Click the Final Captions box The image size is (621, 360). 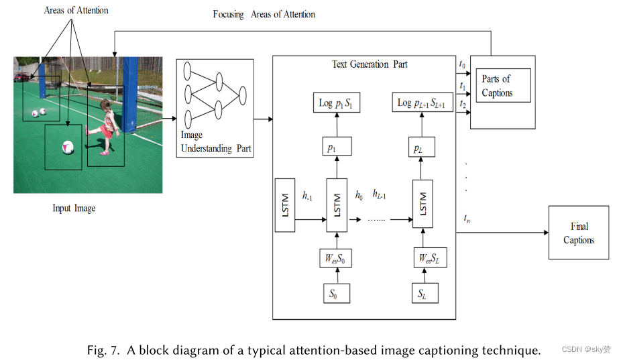click(578, 233)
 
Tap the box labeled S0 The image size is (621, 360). click(332, 294)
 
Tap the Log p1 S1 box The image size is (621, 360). click(336, 103)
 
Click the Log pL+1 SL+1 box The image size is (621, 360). click(422, 103)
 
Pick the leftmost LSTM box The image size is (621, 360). click(284, 205)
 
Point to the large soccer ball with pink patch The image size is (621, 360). click(67, 147)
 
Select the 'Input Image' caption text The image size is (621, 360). click(74, 208)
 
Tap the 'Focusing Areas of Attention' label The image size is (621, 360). click(264, 14)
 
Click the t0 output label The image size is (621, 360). click(462, 65)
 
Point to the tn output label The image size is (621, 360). click(465, 219)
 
